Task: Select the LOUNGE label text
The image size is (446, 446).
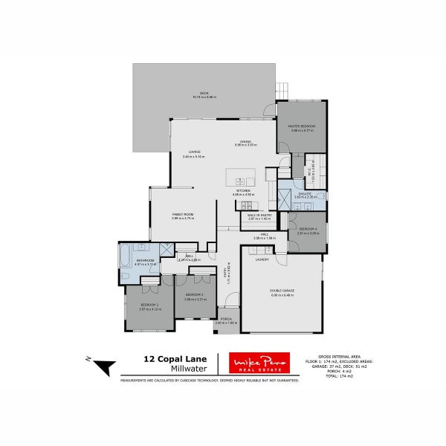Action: click(x=195, y=154)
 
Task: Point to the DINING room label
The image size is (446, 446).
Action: click(x=245, y=143)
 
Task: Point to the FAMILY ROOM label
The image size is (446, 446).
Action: click(x=183, y=216)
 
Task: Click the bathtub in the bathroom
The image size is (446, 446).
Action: click(x=123, y=260)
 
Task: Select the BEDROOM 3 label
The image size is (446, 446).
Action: click(x=195, y=297)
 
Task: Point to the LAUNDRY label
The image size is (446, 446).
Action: click(x=262, y=259)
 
